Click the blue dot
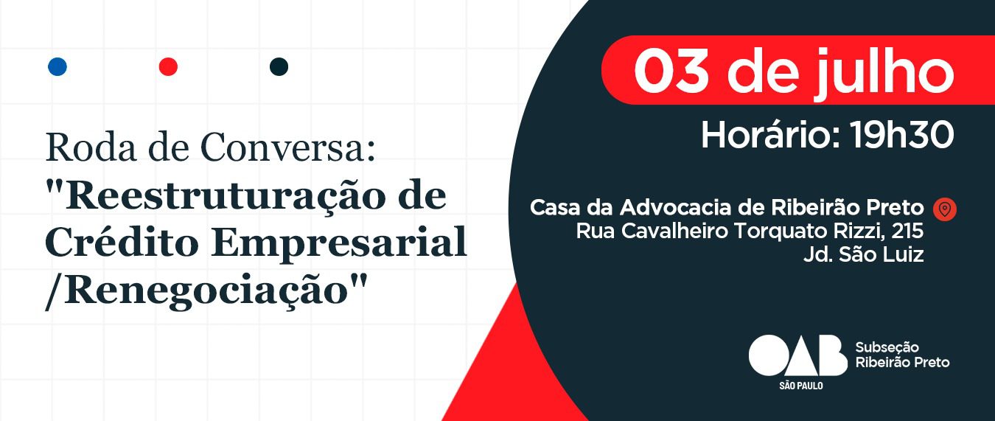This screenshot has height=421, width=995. tap(57, 66)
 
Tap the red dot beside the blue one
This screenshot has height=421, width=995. tap(168, 66)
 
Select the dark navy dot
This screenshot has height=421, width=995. tap(279, 66)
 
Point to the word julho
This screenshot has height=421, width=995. tap(884, 73)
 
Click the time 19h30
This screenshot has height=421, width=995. tap(902, 135)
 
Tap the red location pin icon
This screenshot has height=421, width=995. tap(945, 209)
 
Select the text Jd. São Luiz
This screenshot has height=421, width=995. tap(864, 254)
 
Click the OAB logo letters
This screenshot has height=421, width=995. tap(797, 355)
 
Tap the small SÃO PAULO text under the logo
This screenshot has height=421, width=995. tap(801, 386)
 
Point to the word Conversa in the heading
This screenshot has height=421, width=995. tap(284, 147)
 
